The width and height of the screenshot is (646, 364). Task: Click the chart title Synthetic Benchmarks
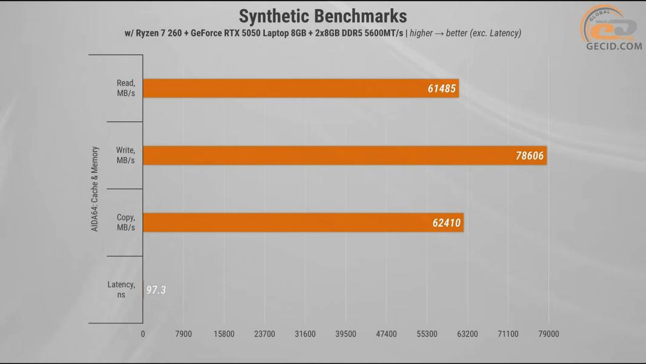pyautogui.click(x=322, y=15)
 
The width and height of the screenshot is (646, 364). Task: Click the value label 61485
pyautogui.click(x=441, y=89)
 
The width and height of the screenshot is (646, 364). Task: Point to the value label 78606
pyautogui.click(x=528, y=156)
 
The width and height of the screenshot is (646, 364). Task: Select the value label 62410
pyautogui.click(x=446, y=223)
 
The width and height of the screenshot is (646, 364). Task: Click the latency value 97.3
pyautogui.click(x=156, y=290)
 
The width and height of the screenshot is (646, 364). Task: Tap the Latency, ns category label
pyautogui.click(x=121, y=289)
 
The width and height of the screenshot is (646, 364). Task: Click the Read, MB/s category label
pyautogui.click(x=125, y=89)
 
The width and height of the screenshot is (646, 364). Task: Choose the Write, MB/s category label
pyautogui.click(x=125, y=155)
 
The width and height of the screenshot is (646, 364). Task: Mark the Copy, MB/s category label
pyautogui.click(x=125, y=222)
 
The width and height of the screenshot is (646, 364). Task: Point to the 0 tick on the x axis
pyautogui.click(x=143, y=334)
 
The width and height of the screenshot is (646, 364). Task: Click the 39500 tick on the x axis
pyautogui.click(x=345, y=334)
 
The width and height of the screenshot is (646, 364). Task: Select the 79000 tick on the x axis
pyautogui.click(x=548, y=334)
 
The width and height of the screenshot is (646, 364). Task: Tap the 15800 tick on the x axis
pyautogui.click(x=224, y=334)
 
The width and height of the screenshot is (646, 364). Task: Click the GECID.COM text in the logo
pyautogui.click(x=613, y=45)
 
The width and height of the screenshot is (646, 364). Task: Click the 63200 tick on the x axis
pyautogui.click(x=467, y=334)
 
